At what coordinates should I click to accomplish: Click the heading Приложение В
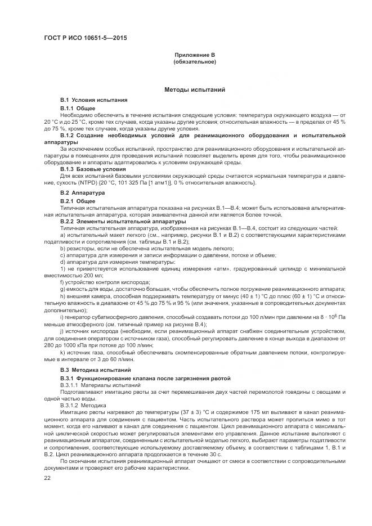pos(195,55)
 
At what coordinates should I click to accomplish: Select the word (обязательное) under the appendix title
pos(195,61)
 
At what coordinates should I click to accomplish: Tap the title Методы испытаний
pos(195,89)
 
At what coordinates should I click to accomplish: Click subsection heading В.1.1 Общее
pos(78,107)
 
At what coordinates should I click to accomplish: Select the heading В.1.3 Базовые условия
pos(93,169)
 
